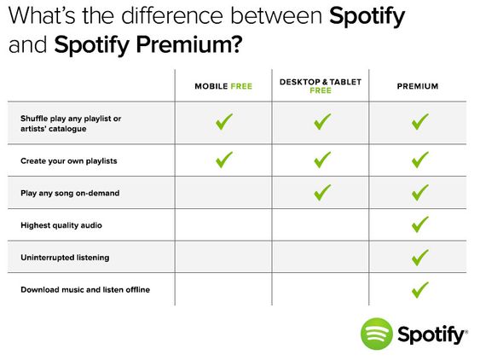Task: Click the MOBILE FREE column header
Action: [223, 86]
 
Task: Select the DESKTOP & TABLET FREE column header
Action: [321, 86]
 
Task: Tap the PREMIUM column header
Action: [418, 86]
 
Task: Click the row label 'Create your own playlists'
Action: [68, 161]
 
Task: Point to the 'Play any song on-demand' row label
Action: [70, 193]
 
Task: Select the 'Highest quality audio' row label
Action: [61, 225]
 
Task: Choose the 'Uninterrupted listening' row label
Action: [65, 258]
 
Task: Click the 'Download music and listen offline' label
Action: [85, 289]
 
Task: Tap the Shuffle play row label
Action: [71, 124]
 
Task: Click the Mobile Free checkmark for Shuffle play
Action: [223, 122]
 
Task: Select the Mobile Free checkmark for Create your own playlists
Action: [223, 160]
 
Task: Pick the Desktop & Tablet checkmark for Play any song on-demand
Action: [322, 193]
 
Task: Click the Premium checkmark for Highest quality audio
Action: [419, 224]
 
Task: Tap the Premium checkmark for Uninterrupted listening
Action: [419, 258]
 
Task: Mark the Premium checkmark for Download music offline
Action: [419, 289]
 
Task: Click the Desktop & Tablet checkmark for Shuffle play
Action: [322, 122]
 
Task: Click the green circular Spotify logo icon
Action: [377, 334]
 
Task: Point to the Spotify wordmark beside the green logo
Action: [432, 335]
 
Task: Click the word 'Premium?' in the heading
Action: [189, 45]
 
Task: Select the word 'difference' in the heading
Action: [173, 15]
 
